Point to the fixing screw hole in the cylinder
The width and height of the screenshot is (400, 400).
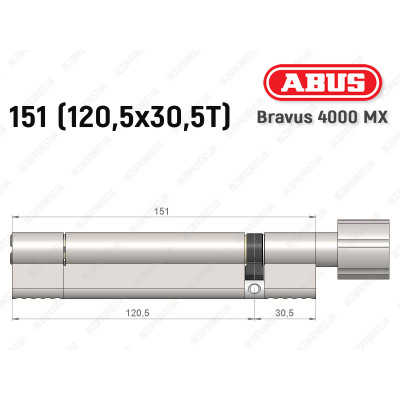(x=256, y=288)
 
